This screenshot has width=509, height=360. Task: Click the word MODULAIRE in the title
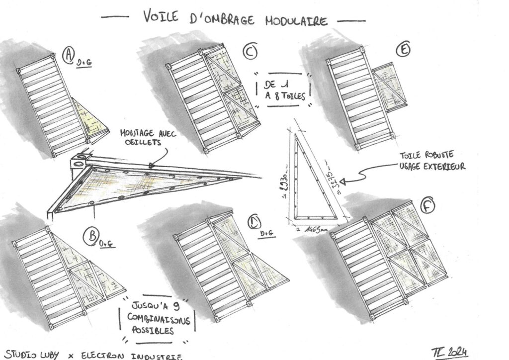[296, 20]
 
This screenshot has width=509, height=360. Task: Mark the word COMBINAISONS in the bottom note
[154, 318]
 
